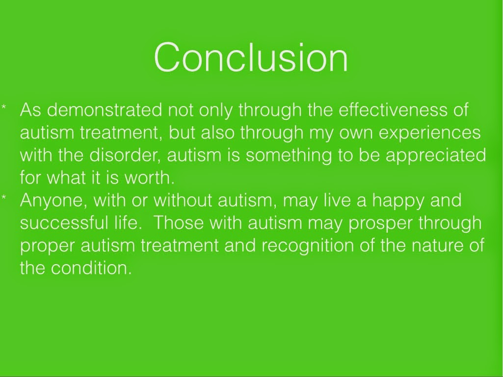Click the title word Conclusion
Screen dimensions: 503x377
coord(251,58)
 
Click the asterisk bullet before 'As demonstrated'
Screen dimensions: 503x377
coord(4,107)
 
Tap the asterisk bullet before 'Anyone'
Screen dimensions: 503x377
coord(4,197)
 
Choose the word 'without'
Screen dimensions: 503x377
coord(183,200)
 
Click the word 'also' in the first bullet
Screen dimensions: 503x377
coord(217,133)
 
